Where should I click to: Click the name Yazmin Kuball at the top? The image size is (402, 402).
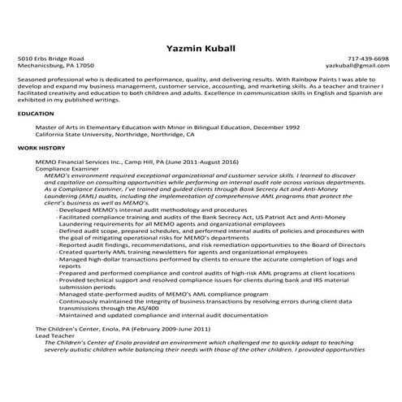click(x=200, y=48)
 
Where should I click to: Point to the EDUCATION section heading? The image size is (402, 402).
click(x=35, y=115)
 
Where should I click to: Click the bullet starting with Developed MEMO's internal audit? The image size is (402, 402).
click(x=135, y=210)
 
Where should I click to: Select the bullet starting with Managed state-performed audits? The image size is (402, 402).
click(x=146, y=293)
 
